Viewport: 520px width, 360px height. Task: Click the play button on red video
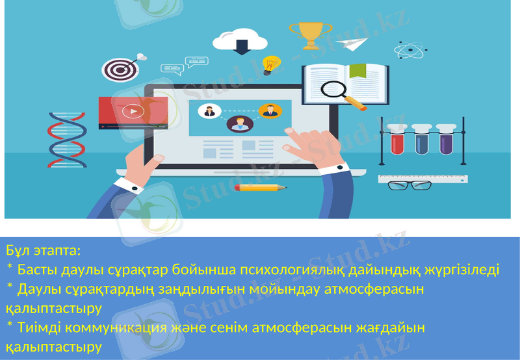[x=134, y=111]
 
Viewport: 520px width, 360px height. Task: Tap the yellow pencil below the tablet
[x=260, y=188]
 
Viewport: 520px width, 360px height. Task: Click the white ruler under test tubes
[x=422, y=177]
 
